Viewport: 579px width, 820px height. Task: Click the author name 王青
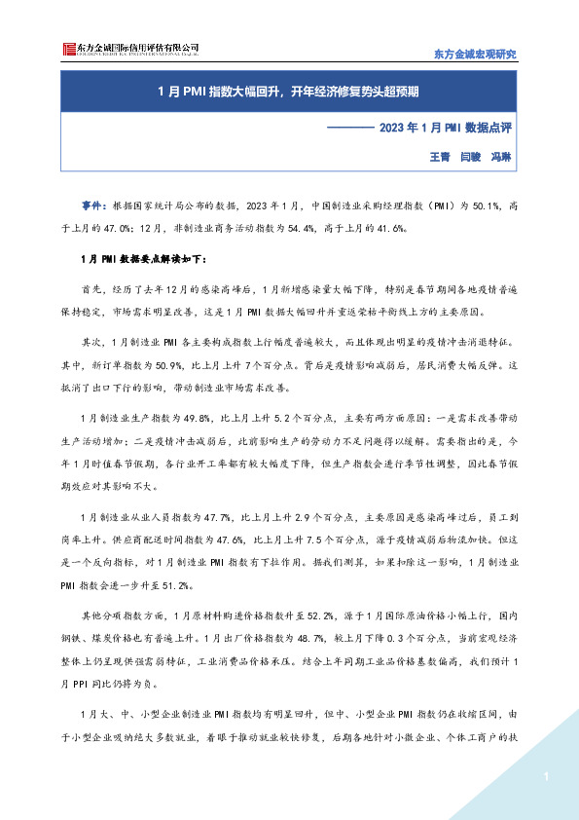coord(439,156)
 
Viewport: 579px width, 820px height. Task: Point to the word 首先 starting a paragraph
coord(92,289)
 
